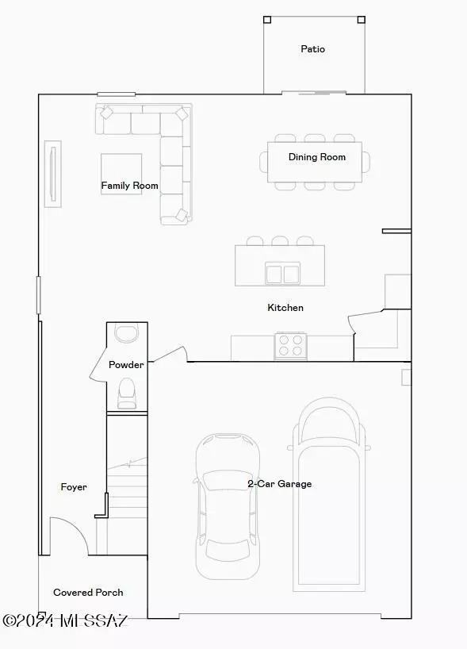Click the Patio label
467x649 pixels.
point(312,49)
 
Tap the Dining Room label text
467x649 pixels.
point(316,157)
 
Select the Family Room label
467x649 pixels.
point(129,186)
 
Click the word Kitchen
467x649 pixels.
point(285,307)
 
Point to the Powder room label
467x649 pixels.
point(126,365)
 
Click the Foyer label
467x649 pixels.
point(74,486)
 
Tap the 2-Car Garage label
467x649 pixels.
point(279,483)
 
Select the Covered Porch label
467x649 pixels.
point(88,592)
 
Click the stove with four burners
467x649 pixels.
point(291,346)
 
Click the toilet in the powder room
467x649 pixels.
point(126,393)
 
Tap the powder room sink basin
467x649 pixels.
point(126,332)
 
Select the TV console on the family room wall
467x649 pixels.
point(53,175)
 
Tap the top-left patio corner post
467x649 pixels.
point(267,19)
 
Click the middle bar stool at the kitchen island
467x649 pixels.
point(280,240)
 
